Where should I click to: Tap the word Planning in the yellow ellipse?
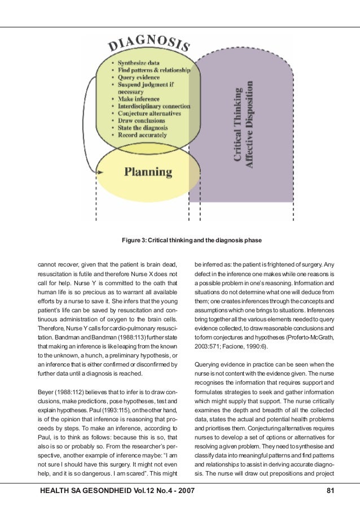(x=149, y=171)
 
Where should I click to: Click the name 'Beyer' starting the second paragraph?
(x=46, y=391)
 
